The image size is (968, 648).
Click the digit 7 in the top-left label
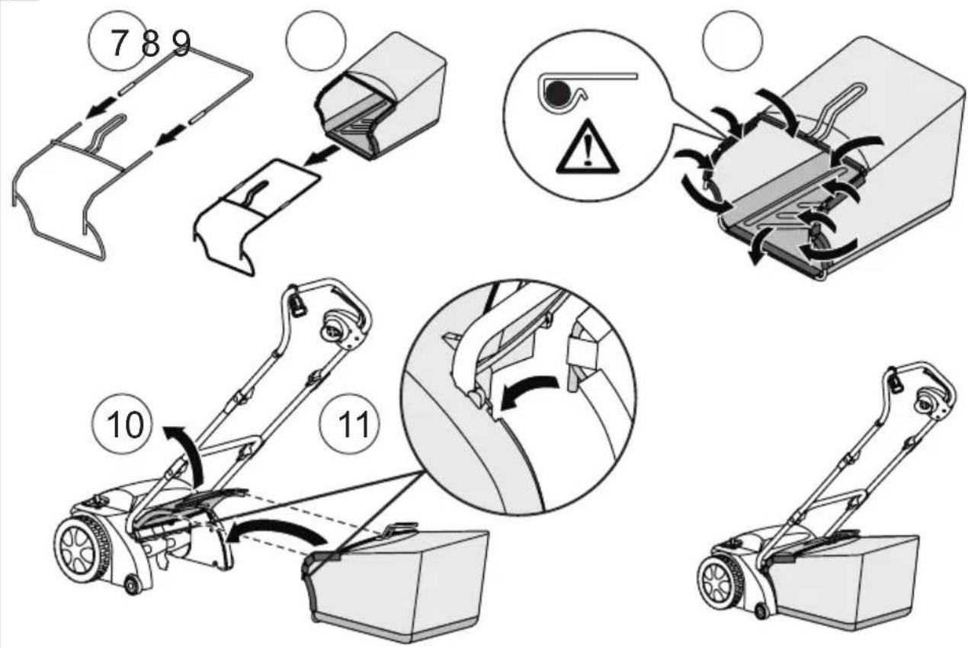click(118, 43)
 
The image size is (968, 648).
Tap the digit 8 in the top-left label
click(150, 43)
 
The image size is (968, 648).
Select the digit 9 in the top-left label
click(181, 43)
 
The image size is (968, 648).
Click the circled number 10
click(125, 424)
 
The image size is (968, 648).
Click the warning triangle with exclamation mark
click(587, 147)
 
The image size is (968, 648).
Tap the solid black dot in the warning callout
click(556, 94)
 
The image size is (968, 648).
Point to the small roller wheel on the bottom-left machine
click(131, 585)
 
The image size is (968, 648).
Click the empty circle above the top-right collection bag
click(732, 40)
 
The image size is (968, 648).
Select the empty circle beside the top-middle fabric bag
click(316, 40)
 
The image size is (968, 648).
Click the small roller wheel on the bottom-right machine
click(760, 611)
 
